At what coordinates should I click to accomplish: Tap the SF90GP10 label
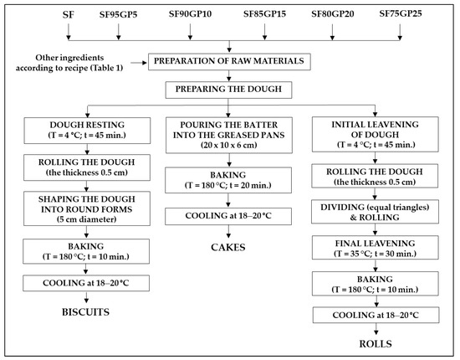coord(190,14)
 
